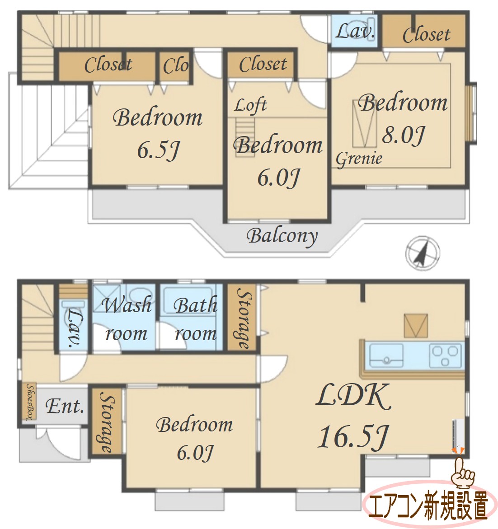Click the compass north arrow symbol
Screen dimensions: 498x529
(423, 253)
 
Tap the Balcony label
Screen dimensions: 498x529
(282, 237)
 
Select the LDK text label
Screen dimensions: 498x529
(353, 396)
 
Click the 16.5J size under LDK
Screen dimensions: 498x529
(353, 437)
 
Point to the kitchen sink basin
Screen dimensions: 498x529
(386, 355)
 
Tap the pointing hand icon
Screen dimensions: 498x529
(463, 473)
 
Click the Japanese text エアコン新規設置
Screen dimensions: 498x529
(428, 506)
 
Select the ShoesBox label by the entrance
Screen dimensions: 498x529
(31, 402)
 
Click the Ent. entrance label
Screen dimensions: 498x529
(65, 406)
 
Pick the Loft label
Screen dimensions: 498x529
(251, 105)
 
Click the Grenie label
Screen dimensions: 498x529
(359, 159)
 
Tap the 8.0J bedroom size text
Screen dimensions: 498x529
(403, 135)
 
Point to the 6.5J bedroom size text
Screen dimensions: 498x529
(158, 150)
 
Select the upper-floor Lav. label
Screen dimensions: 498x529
(355, 31)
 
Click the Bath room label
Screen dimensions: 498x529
(196, 319)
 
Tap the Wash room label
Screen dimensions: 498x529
(126, 319)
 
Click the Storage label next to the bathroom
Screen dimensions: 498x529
(244, 318)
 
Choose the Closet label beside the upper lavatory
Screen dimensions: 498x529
(426, 34)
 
